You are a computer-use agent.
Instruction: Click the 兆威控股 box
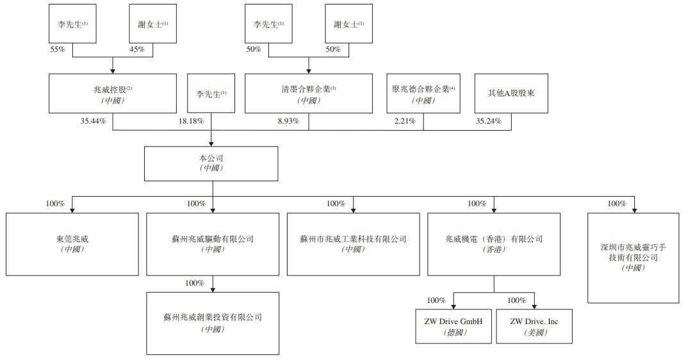click(113, 94)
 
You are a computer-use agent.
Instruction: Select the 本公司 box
click(211, 164)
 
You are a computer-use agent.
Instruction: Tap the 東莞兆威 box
click(72, 245)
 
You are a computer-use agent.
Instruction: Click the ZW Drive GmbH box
click(454, 326)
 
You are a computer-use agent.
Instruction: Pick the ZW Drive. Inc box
click(534, 326)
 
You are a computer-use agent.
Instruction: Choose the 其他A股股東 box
click(511, 94)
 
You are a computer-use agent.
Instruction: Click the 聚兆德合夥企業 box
click(423, 94)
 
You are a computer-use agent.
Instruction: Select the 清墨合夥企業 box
click(309, 94)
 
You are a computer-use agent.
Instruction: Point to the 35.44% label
click(93, 121)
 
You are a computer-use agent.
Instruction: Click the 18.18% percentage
click(191, 121)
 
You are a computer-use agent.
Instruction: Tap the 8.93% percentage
click(288, 121)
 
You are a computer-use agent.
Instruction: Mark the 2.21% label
click(405, 121)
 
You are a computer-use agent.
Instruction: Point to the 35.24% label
click(488, 121)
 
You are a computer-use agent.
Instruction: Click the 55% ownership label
click(58, 49)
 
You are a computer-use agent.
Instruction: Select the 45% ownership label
click(137, 49)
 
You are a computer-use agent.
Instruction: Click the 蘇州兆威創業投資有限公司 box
click(213, 323)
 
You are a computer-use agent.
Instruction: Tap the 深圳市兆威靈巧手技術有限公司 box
click(633, 258)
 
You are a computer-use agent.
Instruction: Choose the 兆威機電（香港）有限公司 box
click(494, 245)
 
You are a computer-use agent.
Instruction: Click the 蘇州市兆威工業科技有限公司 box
click(353, 245)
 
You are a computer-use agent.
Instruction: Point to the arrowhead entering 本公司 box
click(211, 143)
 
